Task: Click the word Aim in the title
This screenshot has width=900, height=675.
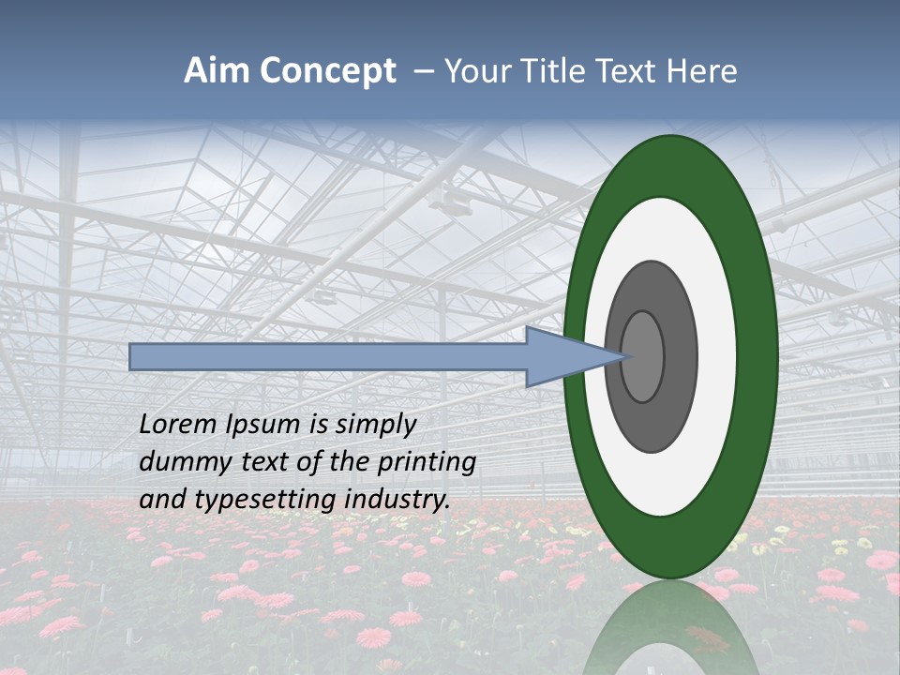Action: click(x=217, y=71)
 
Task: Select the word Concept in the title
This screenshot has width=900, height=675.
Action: click(x=328, y=72)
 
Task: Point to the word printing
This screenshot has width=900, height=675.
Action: click(x=427, y=463)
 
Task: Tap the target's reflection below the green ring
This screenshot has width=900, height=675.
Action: click(x=670, y=628)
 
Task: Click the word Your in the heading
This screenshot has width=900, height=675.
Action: click(x=477, y=71)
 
